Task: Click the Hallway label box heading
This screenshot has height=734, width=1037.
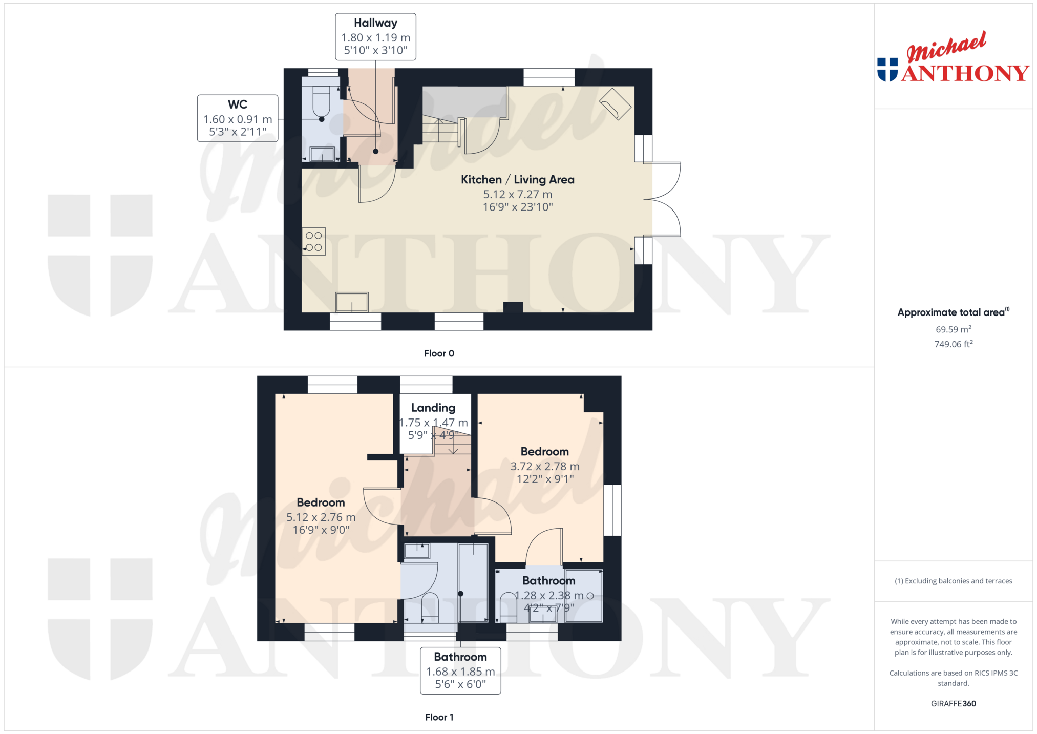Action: [x=375, y=23]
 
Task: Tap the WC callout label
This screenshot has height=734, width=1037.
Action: [x=238, y=118]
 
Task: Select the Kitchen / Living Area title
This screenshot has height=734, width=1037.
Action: [x=518, y=180]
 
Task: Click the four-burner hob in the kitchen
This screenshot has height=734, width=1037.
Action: [x=314, y=241]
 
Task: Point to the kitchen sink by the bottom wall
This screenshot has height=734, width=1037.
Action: [x=352, y=302]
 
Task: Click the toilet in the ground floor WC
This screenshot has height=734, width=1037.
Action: [x=321, y=102]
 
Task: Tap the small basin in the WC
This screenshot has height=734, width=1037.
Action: [x=322, y=154]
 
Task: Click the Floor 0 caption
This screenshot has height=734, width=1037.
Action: [x=439, y=353]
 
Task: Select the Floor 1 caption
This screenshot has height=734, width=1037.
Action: [x=439, y=717]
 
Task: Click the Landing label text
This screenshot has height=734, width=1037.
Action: [x=433, y=408]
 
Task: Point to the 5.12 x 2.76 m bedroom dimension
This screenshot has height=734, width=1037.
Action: [x=321, y=517]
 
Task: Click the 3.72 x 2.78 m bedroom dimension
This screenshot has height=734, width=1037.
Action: [x=545, y=467]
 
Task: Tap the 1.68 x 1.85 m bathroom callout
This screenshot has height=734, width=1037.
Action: [x=460, y=670]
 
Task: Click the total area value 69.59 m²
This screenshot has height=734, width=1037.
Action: [x=953, y=329]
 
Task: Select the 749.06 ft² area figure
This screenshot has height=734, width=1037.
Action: [x=953, y=344]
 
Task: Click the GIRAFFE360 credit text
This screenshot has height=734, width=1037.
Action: [x=953, y=704]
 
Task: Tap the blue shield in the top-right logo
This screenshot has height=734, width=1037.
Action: [x=887, y=70]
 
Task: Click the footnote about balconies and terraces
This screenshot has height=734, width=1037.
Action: [x=953, y=581]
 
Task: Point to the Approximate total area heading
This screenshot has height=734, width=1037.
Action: [x=953, y=312]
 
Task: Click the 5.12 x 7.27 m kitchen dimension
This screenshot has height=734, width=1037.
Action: [x=518, y=195]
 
